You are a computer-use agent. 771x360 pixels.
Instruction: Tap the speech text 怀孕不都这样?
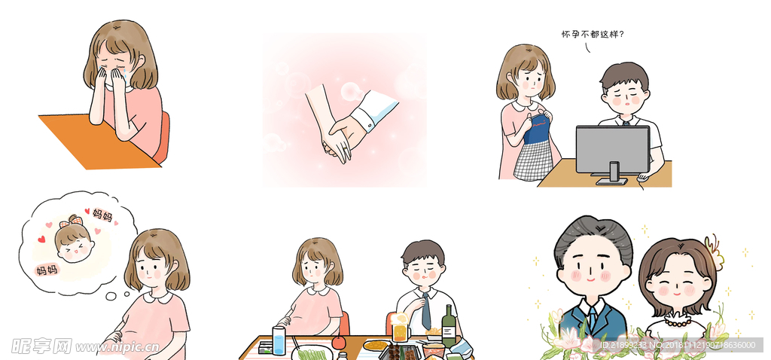click(x=593, y=34)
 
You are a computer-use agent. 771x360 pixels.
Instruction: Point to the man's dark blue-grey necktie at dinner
click(x=426, y=310)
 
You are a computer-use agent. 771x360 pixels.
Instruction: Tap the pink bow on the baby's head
click(x=74, y=220)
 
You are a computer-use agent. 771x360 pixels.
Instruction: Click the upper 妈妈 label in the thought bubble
click(x=102, y=215)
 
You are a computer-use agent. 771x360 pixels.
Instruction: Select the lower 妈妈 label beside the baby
click(x=47, y=269)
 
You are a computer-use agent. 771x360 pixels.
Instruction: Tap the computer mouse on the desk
click(x=641, y=178)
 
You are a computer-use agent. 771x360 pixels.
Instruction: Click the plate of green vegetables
click(x=312, y=352)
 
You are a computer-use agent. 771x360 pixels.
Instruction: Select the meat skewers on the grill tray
click(x=399, y=351)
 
